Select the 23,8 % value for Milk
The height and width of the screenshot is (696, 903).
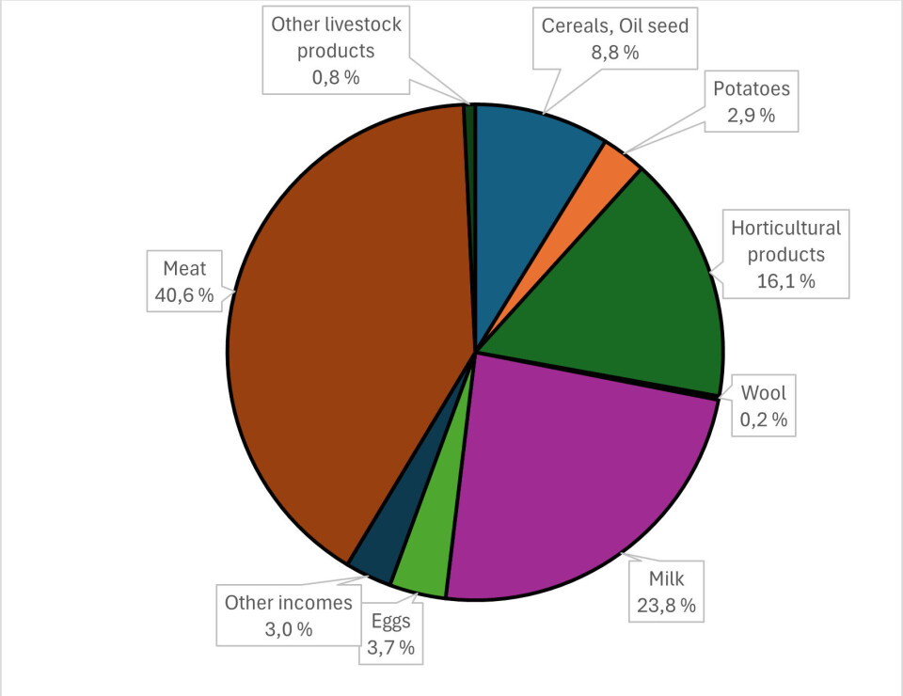tap(665, 606)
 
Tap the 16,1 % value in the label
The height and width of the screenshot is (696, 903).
tap(786, 280)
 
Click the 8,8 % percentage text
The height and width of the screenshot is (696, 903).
tap(615, 53)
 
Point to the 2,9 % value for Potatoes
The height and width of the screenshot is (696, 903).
tap(751, 116)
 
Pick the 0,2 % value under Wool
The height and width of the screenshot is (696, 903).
tap(765, 419)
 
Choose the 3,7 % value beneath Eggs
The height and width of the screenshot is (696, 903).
tap(390, 648)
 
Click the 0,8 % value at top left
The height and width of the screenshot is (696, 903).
tap(336, 77)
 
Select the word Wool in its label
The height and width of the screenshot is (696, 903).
tap(765, 393)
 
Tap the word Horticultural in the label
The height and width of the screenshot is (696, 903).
tap(786, 228)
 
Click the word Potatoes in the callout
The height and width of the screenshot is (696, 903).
tap(751, 89)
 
